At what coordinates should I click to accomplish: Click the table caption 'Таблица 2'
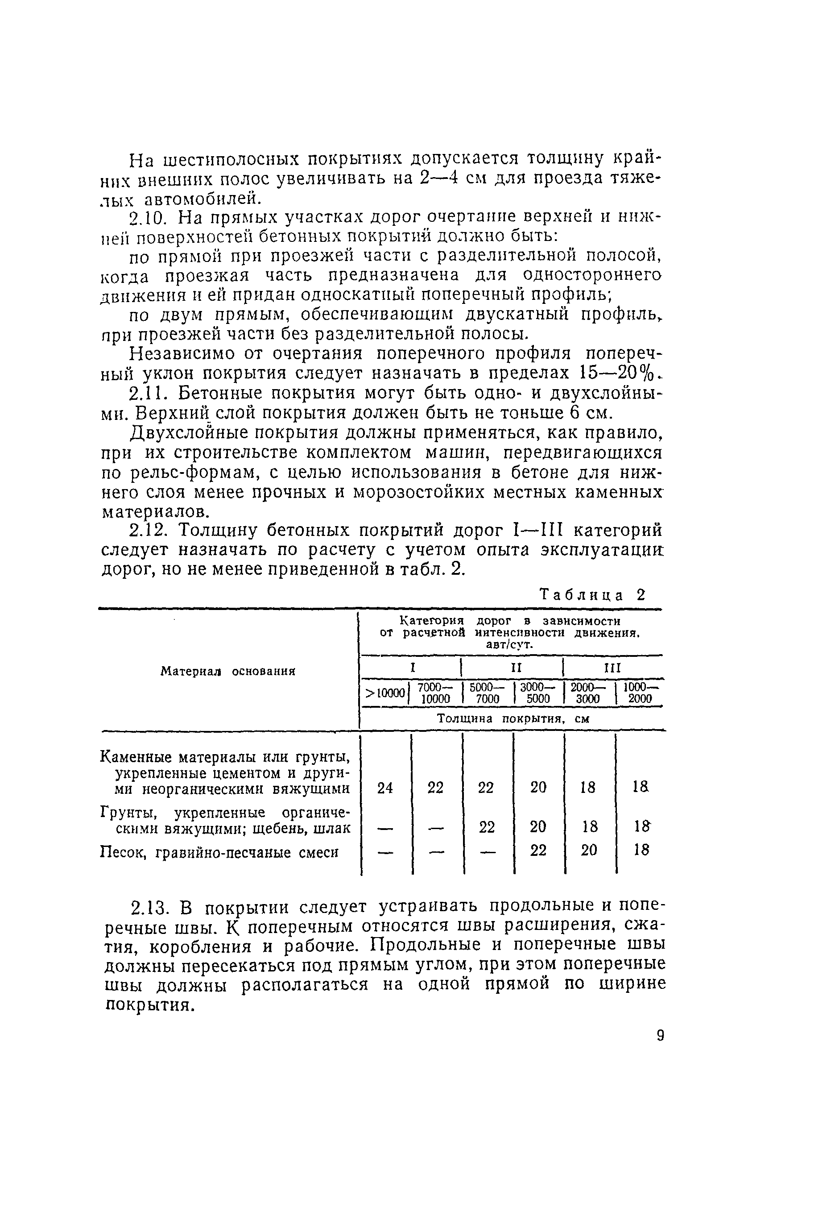pyautogui.click(x=592, y=595)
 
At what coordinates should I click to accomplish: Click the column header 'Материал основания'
pyautogui.click(x=227, y=672)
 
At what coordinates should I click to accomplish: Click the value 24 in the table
pyautogui.click(x=385, y=788)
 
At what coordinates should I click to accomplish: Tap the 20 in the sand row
pyautogui.click(x=589, y=850)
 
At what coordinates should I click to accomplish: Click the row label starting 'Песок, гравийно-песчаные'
pyautogui.click(x=219, y=852)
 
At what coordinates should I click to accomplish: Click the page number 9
pyautogui.click(x=660, y=1036)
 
